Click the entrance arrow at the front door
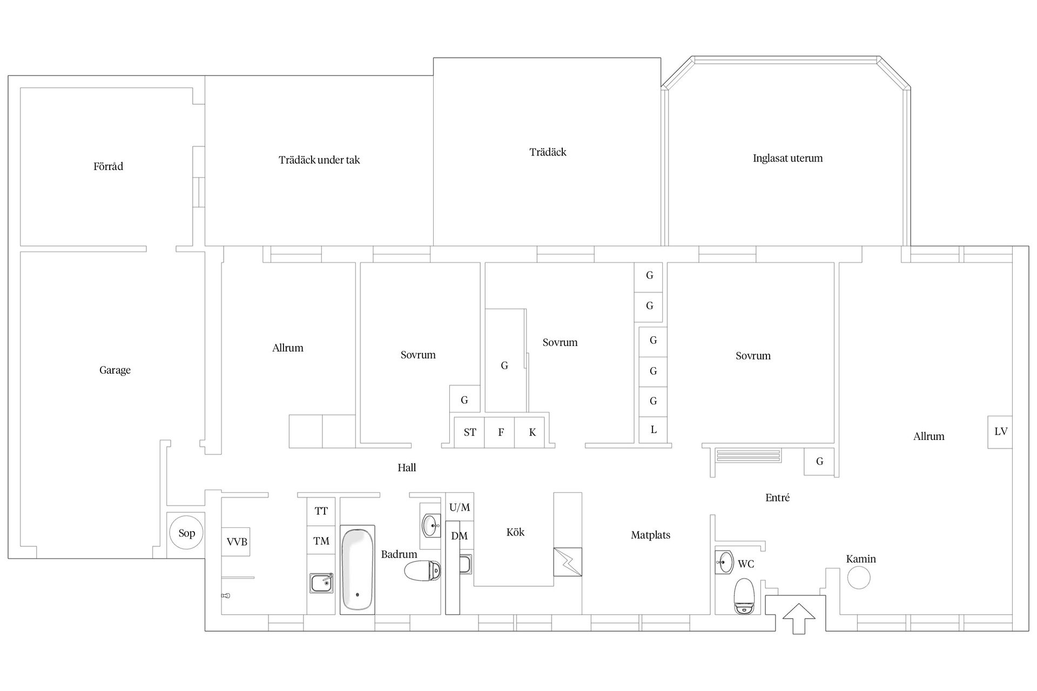(798, 619)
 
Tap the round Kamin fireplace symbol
(859, 578)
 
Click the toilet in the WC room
(744, 597)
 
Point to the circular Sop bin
(186, 533)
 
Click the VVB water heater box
(237, 541)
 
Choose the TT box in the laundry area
(321, 511)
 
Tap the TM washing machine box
(321, 540)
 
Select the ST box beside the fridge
(469, 432)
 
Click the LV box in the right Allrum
(1000, 431)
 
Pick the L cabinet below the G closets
(653, 430)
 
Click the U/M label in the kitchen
(460, 507)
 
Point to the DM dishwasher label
(460, 536)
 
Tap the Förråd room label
(108, 166)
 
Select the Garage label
(115, 370)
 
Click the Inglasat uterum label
(787, 158)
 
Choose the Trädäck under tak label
(319, 160)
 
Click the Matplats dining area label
(650, 535)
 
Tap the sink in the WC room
(724, 562)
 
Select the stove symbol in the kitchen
(568, 562)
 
